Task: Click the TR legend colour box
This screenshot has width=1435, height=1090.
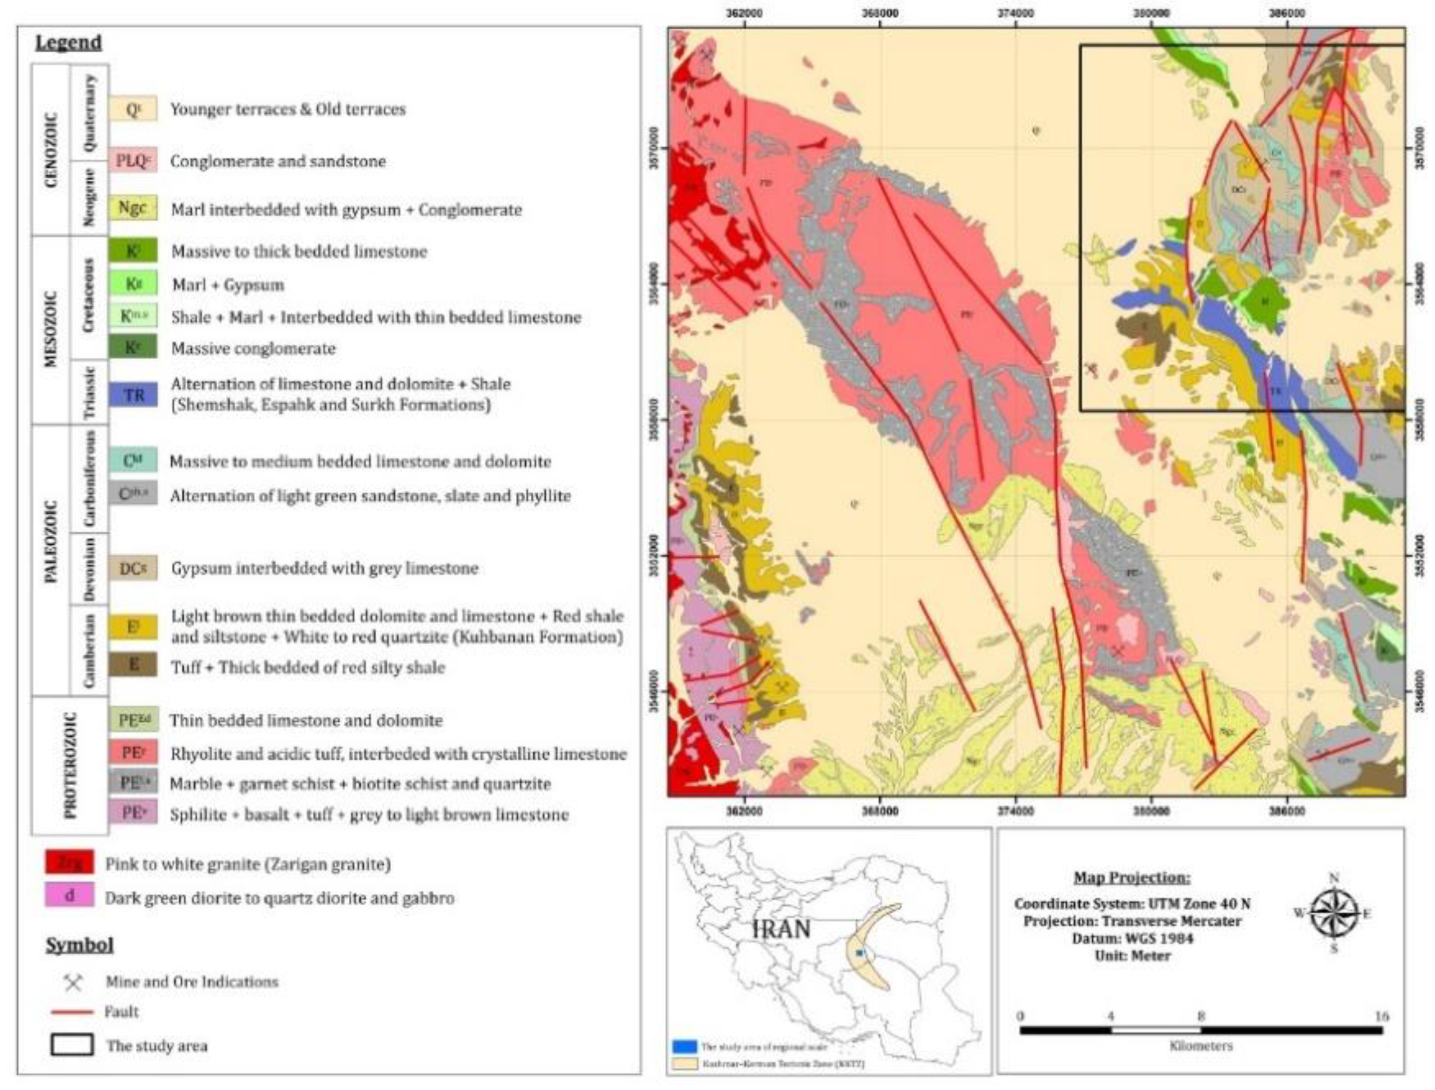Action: coord(133,394)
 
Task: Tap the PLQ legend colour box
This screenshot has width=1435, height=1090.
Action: coord(133,160)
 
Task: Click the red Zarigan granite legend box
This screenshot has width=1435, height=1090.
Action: coord(69,863)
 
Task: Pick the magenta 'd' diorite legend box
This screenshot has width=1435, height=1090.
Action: coord(69,896)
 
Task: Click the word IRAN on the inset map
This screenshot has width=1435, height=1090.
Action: coord(781,929)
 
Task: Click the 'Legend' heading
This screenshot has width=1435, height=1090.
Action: coord(68,43)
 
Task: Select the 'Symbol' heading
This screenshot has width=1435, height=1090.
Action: coord(79,945)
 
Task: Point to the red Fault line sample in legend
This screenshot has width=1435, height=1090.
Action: coord(72,1011)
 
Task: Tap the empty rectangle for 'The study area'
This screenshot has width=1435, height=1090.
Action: coord(72,1045)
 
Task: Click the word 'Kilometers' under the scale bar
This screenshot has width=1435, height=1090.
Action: coord(1201,1046)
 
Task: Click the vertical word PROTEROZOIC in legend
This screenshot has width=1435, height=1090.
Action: coord(70,765)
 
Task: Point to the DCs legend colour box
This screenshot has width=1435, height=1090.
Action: coord(133,568)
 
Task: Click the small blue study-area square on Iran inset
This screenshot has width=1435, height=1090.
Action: coord(860,952)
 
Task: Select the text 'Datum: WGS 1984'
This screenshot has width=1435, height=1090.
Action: coord(1132,938)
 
